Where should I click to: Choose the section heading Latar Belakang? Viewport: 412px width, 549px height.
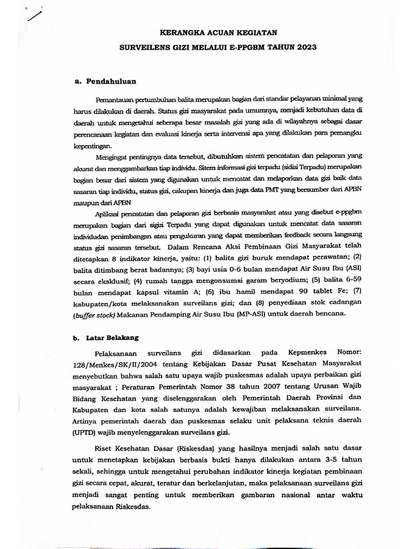point(113,338)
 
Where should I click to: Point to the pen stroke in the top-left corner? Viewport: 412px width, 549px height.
point(33,16)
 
